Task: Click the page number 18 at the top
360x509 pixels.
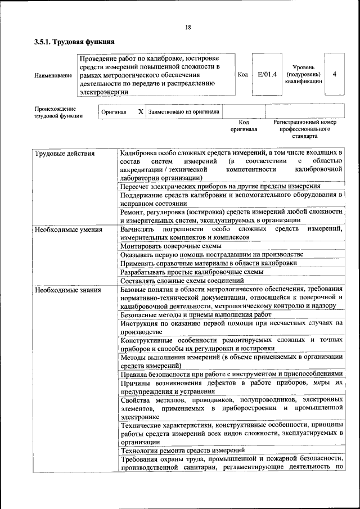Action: [x=188, y=28]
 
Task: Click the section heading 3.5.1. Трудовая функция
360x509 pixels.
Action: [x=74, y=42]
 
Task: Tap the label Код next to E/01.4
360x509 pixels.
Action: [x=243, y=74]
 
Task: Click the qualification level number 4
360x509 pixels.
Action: [x=335, y=74]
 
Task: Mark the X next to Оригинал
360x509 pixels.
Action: [x=141, y=111]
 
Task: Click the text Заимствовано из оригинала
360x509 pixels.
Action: [x=184, y=111]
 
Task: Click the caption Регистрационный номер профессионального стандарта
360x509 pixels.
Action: [x=304, y=129]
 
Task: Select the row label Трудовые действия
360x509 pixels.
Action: [x=65, y=154]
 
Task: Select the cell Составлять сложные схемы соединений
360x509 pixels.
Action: [x=182, y=280]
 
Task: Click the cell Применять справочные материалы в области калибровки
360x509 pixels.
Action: [x=209, y=263]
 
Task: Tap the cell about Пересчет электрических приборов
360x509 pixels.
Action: [x=220, y=186]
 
